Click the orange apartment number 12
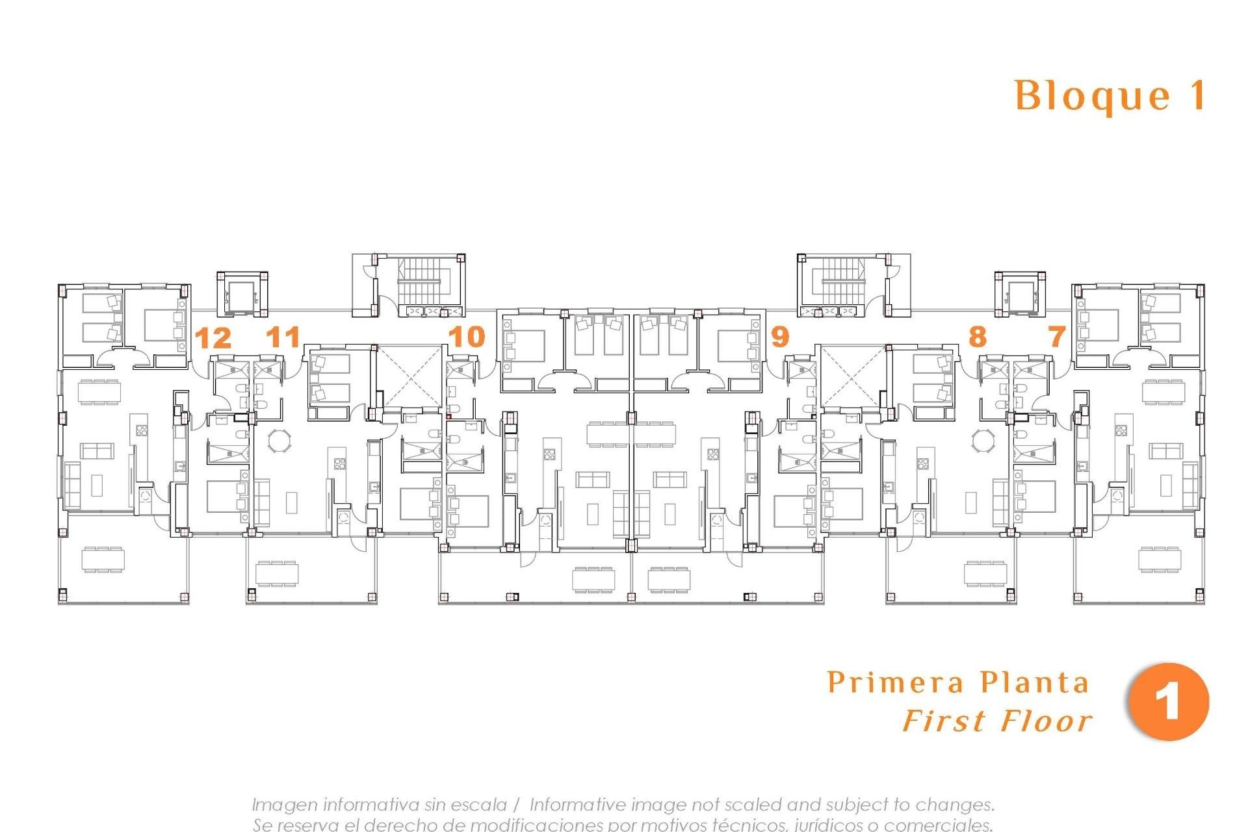(213, 339)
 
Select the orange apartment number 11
(283, 337)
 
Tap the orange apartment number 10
(467, 337)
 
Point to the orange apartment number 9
(779, 337)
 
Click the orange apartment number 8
(977, 337)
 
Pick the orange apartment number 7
(1057, 337)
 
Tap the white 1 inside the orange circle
(1168, 702)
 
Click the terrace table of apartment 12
(104, 559)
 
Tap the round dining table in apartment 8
(982, 441)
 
